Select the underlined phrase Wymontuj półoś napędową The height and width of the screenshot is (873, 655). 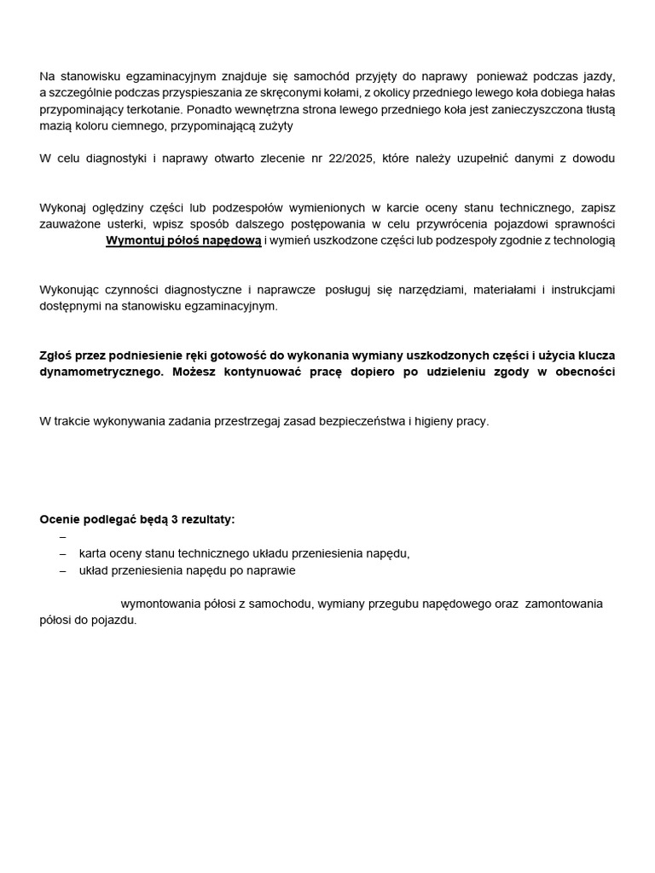pyautogui.click(x=183, y=240)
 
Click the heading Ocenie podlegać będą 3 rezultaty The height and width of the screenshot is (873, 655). pyautogui.click(x=137, y=519)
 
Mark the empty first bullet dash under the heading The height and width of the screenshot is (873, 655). pyautogui.click(x=63, y=537)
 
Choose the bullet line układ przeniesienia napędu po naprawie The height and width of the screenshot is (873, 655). pyautogui.click(x=188, y=570)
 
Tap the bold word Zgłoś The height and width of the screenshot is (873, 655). pyautogui.click(x=56, y=356)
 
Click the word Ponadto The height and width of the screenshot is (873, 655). pyautogui.click(x=209, y=110)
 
